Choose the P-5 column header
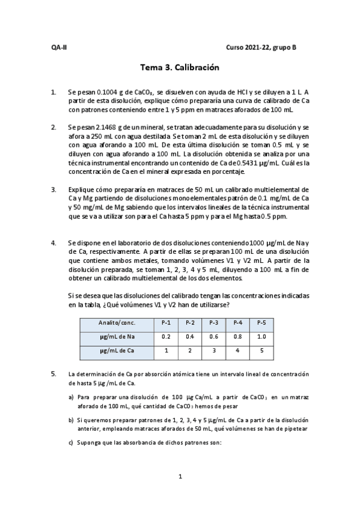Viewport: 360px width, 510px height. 261,322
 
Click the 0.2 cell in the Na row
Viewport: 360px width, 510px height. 166,336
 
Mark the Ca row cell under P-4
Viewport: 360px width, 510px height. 237,350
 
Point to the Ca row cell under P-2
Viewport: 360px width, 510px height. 190,350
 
